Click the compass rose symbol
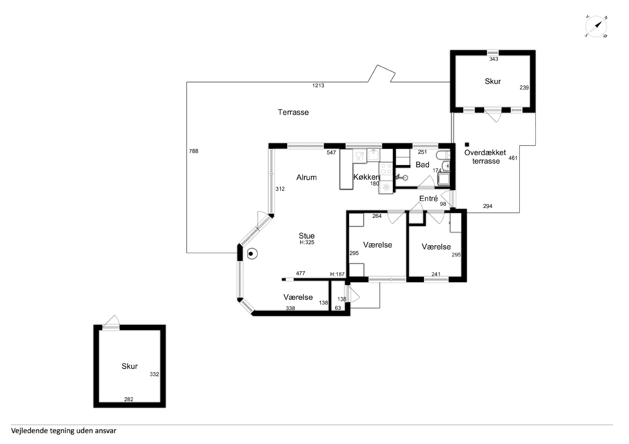point(596,27)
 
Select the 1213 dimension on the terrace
point(318,85)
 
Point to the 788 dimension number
point(193,151)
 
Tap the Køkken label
point(366,177)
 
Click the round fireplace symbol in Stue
point(252,254)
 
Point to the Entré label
point(428,199)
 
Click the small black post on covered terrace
point(467,144)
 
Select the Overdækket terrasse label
point(485,157)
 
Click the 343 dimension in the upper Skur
point(494,59)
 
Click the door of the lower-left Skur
point(111,323)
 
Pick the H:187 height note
point(337,274)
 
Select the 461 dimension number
point(513,158)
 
